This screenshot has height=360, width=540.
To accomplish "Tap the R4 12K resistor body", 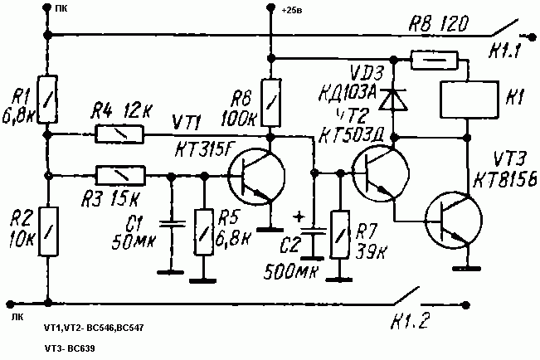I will (121, 133).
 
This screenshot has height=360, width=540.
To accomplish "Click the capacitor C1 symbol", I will (171, 224).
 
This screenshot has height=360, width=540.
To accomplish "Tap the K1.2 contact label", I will (411, 319).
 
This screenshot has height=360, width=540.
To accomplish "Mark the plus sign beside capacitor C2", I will (298, 217).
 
